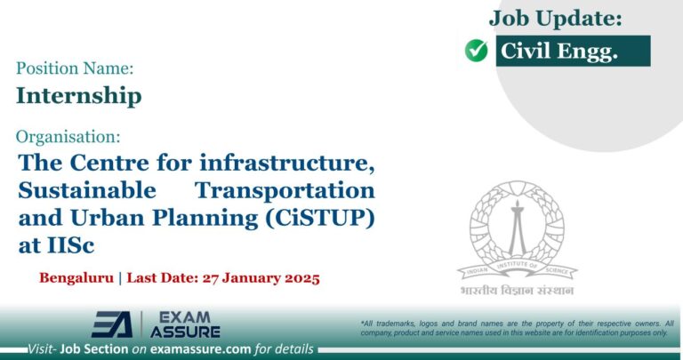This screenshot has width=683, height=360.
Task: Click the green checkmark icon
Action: pos(477,52)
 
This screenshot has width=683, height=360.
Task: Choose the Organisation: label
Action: pos(68,137)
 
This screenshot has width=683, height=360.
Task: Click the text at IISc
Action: pos(56,245)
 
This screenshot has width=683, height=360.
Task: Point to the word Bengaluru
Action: pos(76,277)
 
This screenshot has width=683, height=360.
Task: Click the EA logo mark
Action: pos(111,324)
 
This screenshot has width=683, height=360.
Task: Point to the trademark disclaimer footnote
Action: pos(517,327)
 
